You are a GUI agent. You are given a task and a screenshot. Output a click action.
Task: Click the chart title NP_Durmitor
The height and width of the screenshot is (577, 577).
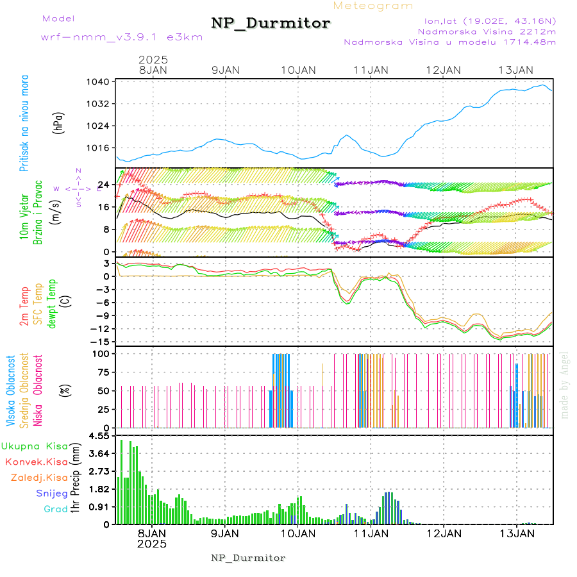pos(271,24)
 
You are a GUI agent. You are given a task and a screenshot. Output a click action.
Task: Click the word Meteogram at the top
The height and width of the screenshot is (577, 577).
pos(373,6)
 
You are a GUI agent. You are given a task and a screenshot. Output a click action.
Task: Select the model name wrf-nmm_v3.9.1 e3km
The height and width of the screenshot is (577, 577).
pos(121,37)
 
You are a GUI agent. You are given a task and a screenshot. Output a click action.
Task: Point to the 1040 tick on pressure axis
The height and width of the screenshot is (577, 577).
pos(101,82)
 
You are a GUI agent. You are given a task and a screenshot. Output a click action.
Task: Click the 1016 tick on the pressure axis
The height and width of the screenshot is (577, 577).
pos(101,147)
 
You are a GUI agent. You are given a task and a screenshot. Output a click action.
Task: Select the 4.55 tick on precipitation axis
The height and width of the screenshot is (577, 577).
pos(100,437)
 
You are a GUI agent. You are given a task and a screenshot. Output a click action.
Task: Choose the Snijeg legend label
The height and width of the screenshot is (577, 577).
pos(49,494)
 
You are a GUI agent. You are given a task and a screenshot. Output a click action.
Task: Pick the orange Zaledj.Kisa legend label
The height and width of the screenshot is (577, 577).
pos(39,478)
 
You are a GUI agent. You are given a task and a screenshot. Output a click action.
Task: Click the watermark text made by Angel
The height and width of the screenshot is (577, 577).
pos(565,385)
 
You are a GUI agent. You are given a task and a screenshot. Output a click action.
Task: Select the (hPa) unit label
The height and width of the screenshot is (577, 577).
pos(58,124)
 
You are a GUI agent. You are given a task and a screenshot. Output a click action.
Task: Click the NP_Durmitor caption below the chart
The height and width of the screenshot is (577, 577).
pos(248,558)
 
